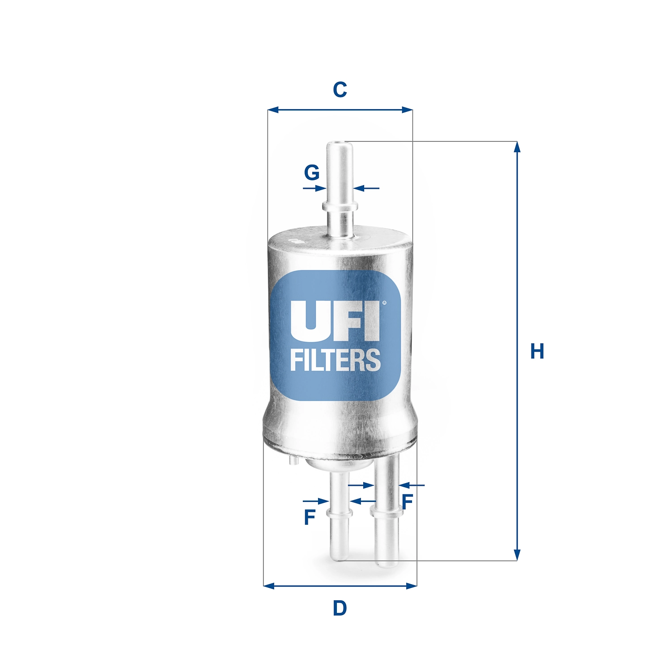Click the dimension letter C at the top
click(340, 90)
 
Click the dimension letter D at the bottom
click(340, 608)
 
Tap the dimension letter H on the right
click(537, 351)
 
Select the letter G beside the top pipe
click(312, 172)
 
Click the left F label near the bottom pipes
click(310, 517)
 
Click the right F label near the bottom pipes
click(407, 501)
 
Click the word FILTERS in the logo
click(335, 361)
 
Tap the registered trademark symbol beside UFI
click(384, 303)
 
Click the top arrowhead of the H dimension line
click(517, 147)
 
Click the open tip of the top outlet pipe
click(340, 144)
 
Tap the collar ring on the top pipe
click(340, 206)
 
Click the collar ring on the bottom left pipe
click(340, 513)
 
